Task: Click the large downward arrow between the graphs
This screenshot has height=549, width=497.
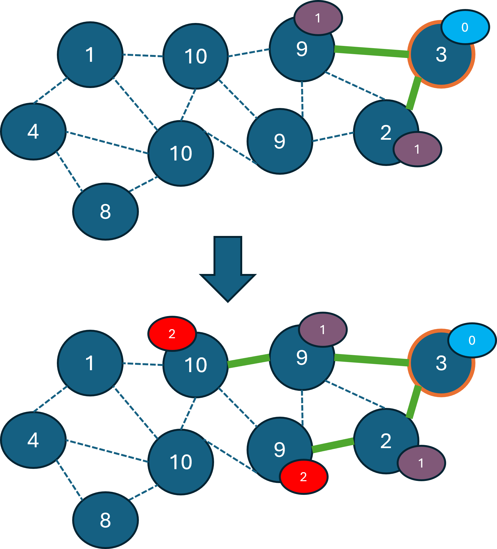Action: click(228, 268)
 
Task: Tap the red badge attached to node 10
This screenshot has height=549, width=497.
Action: click(172, 334)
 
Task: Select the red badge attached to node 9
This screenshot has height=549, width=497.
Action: click(303, 477)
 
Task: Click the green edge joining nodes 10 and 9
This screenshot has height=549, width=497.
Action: click(248, 361)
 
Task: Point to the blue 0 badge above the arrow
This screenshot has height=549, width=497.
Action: click(465, 27)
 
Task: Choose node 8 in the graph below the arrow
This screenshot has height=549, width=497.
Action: click(106, 520)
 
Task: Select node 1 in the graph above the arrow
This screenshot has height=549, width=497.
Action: click(90, 55)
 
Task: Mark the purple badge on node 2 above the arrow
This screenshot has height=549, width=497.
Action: click(417, 149)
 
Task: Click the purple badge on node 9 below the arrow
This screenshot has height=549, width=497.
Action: click(323, 330)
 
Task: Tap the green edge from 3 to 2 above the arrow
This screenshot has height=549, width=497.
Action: click(413, 93)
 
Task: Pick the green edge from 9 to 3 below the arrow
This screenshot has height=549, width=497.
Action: click(372, 360)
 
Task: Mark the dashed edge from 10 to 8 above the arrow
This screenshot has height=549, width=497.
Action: click(143, 184)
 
